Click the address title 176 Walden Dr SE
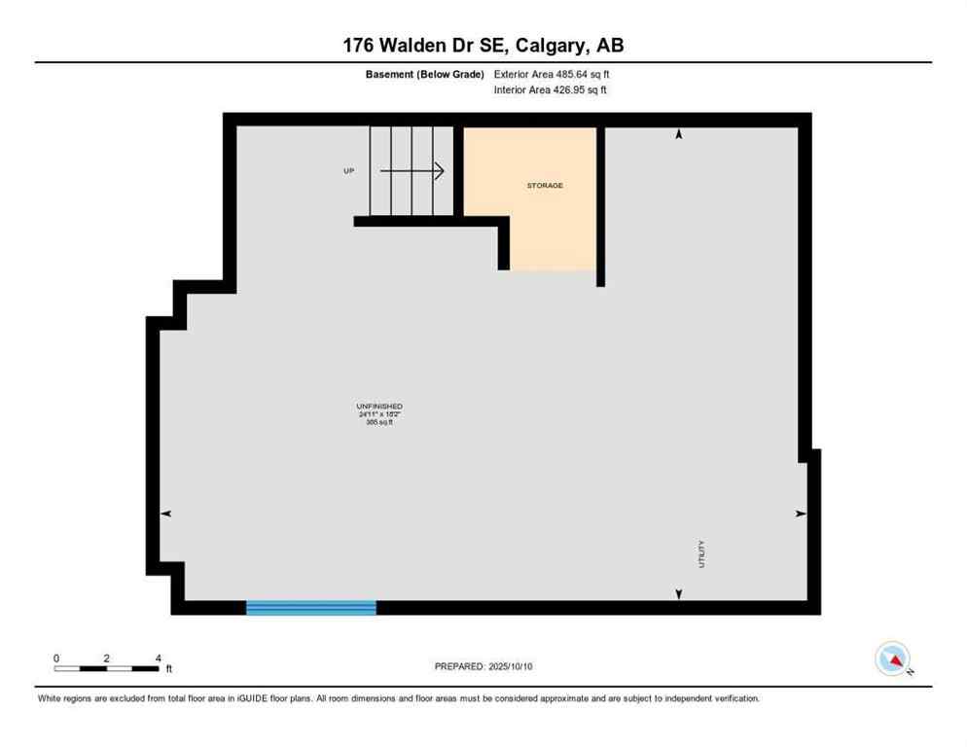483,46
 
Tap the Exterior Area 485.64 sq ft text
552,74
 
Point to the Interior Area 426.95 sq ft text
551,90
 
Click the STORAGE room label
545,185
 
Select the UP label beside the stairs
348,171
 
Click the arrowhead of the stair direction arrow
440,171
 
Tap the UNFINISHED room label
379,407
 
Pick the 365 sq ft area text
379,422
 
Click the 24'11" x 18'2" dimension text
379,414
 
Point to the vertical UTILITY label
701,554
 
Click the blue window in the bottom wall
311,608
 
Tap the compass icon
892,658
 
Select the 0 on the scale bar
56,658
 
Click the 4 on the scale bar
158,658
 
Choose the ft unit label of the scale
168,669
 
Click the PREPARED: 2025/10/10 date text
483,666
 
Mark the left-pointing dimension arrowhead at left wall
165,514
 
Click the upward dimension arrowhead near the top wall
679,134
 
